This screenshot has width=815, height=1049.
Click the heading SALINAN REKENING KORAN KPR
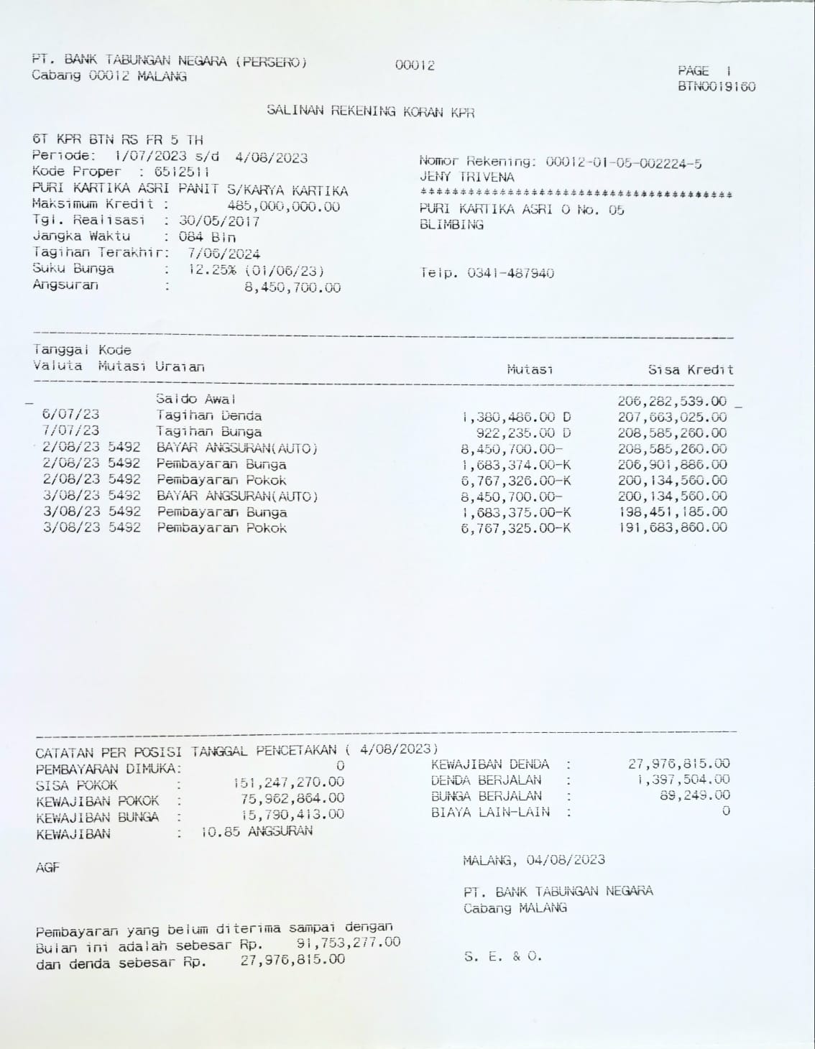tap(370, 111)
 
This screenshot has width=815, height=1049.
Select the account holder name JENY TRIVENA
tap(466, 177)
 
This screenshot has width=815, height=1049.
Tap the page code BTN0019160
tap(716, 87)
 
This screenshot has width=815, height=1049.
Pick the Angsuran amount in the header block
tap(293, 288)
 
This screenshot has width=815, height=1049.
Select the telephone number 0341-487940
tap(510, 273)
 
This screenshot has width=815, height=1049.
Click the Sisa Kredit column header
tap(690, 370)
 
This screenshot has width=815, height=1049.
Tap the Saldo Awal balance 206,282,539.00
tap(671, 401)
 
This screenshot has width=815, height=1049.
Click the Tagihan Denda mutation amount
tap(516, 417)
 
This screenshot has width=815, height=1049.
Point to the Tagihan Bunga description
tap(208, 433)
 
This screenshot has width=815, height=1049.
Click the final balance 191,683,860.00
tap(672, 527)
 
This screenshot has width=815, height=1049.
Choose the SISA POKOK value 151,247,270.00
tap(288, 782)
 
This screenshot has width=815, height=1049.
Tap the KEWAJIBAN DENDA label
tap(489, 764)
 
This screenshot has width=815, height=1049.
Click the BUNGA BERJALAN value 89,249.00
tap(694, 795)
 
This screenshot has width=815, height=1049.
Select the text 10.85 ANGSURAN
tap(257, 832)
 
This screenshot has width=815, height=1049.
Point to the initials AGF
tap(47, 868)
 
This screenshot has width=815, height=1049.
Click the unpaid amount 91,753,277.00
tap(348, 943)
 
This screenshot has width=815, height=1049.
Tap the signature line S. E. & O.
tap(503, 956)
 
